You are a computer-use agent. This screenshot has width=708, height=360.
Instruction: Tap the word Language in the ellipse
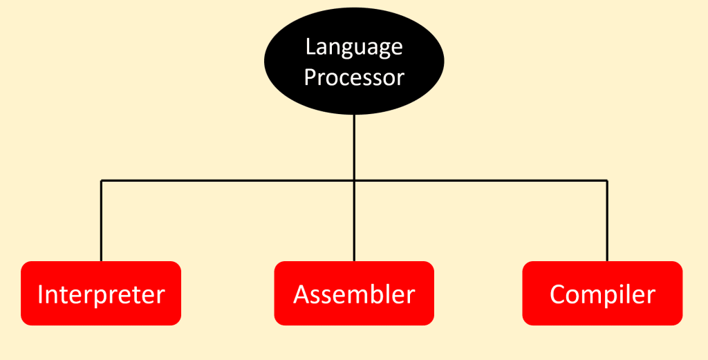point(354,48)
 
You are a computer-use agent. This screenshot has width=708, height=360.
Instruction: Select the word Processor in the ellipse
point(354,77)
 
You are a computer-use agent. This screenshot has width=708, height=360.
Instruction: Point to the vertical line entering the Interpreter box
point(101,221)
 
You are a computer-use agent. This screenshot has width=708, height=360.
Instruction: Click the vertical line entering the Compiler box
point(607,221)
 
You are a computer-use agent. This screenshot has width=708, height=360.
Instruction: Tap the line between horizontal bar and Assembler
point(354,221)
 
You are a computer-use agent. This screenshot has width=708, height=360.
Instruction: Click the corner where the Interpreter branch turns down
point(101,181)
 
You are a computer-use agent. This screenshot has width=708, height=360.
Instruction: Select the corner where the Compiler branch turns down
point(607,181)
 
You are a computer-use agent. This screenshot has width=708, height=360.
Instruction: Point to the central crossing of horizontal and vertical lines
point(354,181)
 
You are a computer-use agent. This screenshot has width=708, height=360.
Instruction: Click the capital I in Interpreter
point(41,294)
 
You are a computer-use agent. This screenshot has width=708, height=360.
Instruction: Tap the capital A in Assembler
point(302,294)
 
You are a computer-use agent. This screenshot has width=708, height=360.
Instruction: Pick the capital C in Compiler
point(558,294)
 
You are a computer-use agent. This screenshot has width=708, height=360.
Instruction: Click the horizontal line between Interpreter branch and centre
point(228,181)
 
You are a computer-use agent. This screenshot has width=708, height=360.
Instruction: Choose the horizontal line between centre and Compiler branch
point(481,181)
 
